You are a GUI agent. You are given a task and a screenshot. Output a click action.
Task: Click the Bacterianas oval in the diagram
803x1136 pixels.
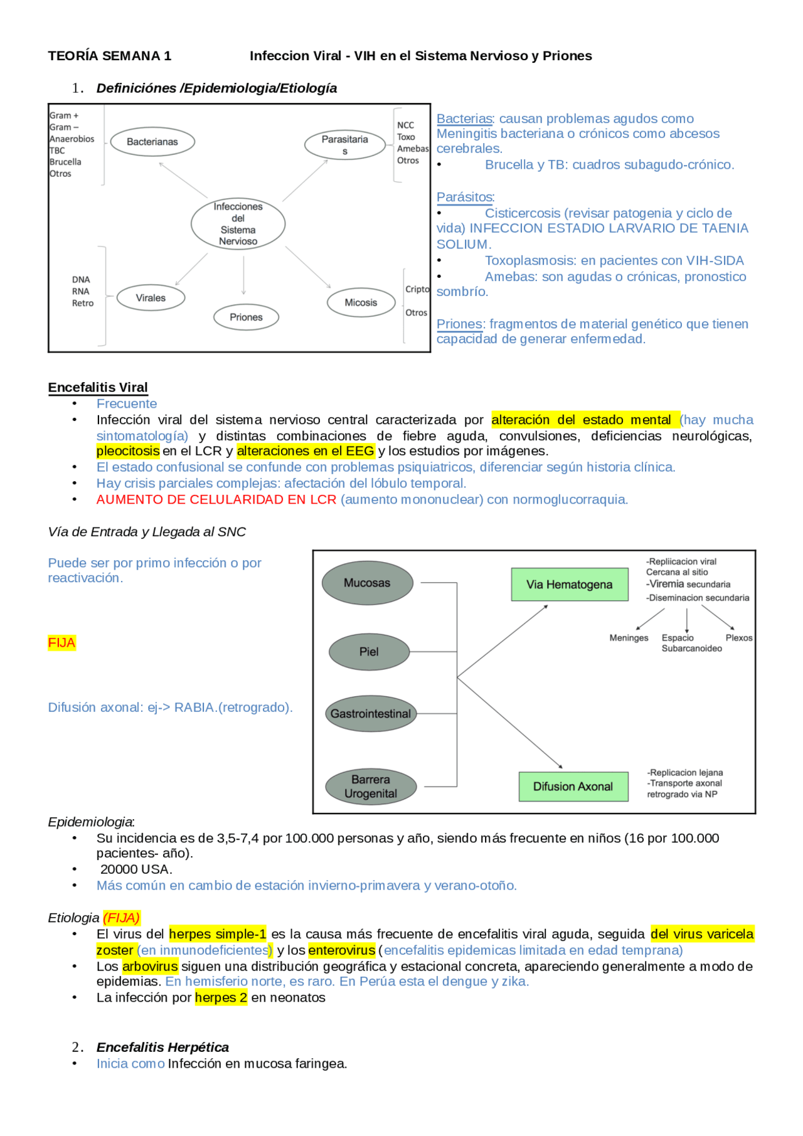(x=152, y=142)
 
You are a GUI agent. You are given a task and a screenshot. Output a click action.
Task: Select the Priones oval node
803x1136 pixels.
(x=246, y=317)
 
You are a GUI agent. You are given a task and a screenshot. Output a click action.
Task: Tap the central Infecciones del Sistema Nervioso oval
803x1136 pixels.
(x=238, y=224)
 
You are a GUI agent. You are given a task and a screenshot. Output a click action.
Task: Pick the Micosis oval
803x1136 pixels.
(x=361, y=302)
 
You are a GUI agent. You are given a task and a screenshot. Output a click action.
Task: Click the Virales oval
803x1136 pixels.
(x=151, y=298)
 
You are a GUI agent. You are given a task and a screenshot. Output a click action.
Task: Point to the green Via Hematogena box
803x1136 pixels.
(x=569, y=585)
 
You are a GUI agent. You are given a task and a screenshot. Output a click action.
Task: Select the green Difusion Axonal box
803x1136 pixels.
(x=573, y=787)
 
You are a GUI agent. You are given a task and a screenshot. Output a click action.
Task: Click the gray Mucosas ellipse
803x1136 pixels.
(x=367, y=583)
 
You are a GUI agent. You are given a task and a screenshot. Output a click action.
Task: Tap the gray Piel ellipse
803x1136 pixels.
(x=369, y=652)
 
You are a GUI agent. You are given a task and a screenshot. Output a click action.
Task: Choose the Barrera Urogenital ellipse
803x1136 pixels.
(x=371, y=787)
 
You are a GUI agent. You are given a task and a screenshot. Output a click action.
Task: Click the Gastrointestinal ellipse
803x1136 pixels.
(x=371, y=714)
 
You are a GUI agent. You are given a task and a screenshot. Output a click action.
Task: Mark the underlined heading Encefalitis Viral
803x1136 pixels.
(x=98, y=388)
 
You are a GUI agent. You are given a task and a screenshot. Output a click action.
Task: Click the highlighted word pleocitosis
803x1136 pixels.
(x=128, y=451)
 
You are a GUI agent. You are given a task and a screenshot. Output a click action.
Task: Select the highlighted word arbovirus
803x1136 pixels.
(x=150, y=966)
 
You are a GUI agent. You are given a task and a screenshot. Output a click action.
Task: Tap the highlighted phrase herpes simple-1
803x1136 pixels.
(x=218, y=934)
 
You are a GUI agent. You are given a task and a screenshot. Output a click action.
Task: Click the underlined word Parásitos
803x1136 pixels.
(x=465, y=197)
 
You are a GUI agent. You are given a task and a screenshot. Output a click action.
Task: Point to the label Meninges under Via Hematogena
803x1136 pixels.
(x=629, y=638)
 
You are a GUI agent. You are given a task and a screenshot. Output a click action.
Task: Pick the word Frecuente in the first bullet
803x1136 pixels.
(x=127, y=404)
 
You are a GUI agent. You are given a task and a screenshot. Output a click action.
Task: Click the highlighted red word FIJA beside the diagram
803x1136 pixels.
(x=61, y=643)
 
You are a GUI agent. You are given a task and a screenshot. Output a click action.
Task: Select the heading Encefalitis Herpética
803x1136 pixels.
(x=162, y=1047)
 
